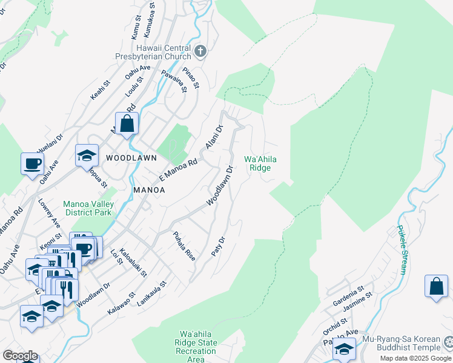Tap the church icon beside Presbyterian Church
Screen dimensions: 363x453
pyautogui.click(x=201, y=51)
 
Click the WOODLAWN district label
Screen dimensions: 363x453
pyautogui.click(x=131, y=157)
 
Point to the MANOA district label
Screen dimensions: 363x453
pyautogui.click(x=149, y=190)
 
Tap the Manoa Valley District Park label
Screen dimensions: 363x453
pyautogui.click(x=88, y=208)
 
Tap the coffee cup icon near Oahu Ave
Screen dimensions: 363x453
pyautogui.click(x=32, y=163)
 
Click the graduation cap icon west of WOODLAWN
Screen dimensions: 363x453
pyautogui.click(x=87, y=155)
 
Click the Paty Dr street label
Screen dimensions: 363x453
pyautogui.click(x=219, y=247)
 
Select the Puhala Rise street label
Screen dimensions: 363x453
pyautogui.click(x=184, y=245)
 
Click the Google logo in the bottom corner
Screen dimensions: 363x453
pyautogui.click(x=20, y=356)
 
